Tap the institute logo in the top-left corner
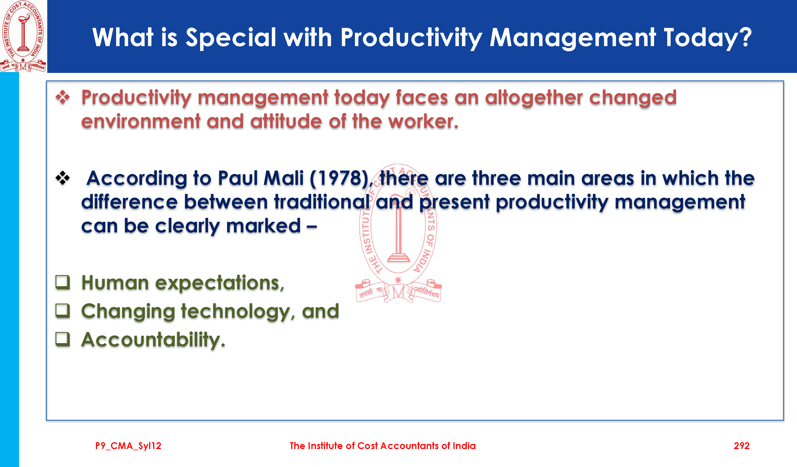[x=23, y=36]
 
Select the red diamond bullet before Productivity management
[x=63, y=97]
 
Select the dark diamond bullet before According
[x=63, y=178]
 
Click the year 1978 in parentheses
[x=339, y=178]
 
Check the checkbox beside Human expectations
[x=63, y=282]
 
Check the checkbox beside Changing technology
[x=63, y=310]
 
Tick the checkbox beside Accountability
[x=63, y=339]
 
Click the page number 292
[x=741, y=446]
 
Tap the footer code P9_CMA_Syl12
[x=128, y=446]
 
